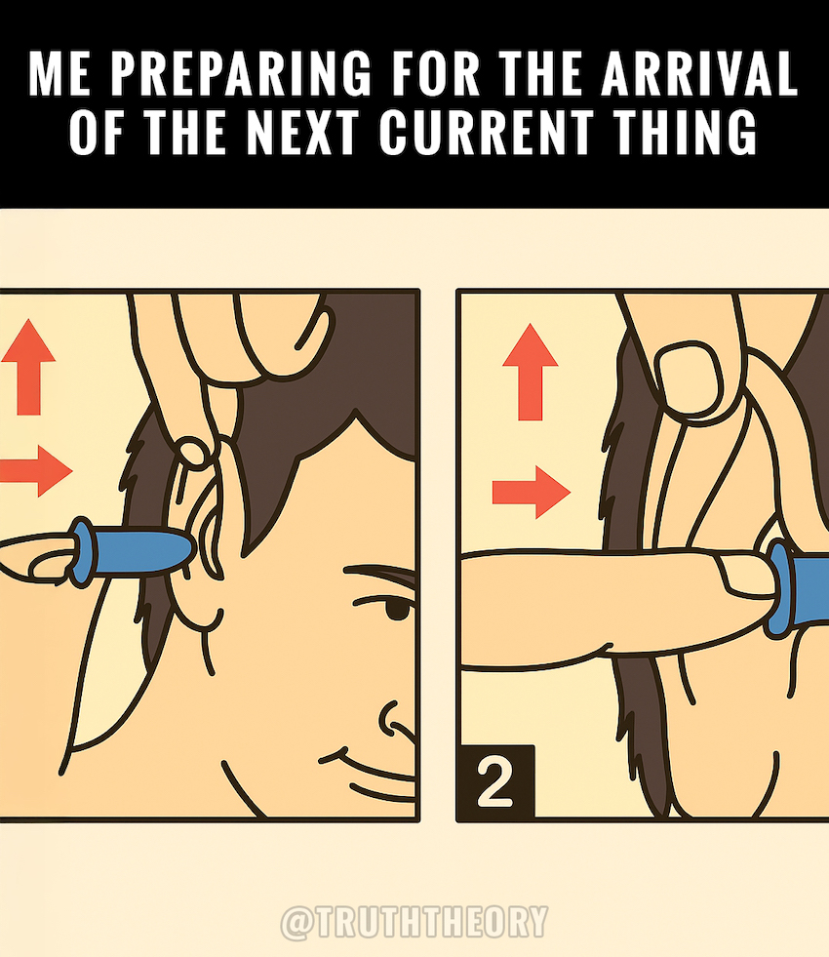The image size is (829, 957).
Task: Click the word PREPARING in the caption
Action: tap(241, 72)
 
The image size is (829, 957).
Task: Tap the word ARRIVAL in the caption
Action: tap(699, 72)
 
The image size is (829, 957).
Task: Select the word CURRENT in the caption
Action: tap(486, 132)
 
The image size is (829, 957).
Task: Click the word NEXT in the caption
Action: tap(302, 132)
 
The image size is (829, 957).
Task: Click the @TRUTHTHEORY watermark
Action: tap(414, 922)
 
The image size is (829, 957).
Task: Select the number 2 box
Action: tap(495, 781)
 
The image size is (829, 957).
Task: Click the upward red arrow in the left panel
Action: tap(28, 367)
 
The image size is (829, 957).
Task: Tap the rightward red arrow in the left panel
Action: tap(37, 470)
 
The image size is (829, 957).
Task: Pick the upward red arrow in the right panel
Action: tap(531, 372)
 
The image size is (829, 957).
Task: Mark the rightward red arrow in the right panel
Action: tap(532, 492)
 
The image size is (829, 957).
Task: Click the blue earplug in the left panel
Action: tap(131, 552)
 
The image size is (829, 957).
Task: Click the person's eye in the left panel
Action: tap(400, 608)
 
